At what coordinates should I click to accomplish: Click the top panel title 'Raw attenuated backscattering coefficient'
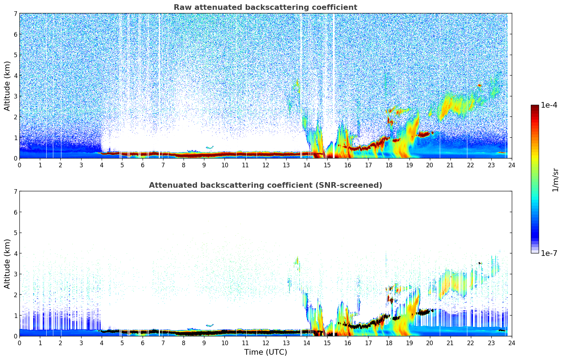click(265, 7)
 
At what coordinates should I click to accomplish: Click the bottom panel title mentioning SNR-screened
click(265, 185)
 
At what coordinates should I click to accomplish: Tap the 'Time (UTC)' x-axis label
click(265, 352)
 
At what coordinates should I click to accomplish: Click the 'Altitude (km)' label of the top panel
click(7, 86)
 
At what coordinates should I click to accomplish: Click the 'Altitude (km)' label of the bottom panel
click(7, 264)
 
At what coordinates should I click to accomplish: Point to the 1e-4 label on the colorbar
click(549, 105)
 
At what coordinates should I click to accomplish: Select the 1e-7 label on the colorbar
click(549, 253)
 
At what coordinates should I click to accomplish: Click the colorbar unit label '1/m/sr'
click(555, 180)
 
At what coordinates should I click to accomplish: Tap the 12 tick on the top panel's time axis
click(265, 165)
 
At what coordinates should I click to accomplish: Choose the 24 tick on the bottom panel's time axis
click(511, 343)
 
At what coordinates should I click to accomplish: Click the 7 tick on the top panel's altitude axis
click(15, 14)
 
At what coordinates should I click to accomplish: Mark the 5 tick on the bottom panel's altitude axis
click(15, 233)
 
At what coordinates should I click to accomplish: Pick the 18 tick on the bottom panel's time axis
click(389, 343)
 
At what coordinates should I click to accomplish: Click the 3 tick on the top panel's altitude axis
click(15, 96)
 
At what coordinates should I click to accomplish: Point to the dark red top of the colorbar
click(535, 107)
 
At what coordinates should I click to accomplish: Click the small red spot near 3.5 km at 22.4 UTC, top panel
click(479, 85)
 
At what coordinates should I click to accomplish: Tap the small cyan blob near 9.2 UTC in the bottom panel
click(210, 325)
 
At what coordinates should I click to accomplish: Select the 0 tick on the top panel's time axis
click(19, 165)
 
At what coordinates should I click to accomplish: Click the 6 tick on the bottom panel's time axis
click(143, 343)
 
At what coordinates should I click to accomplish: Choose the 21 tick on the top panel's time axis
click(450, 165)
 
